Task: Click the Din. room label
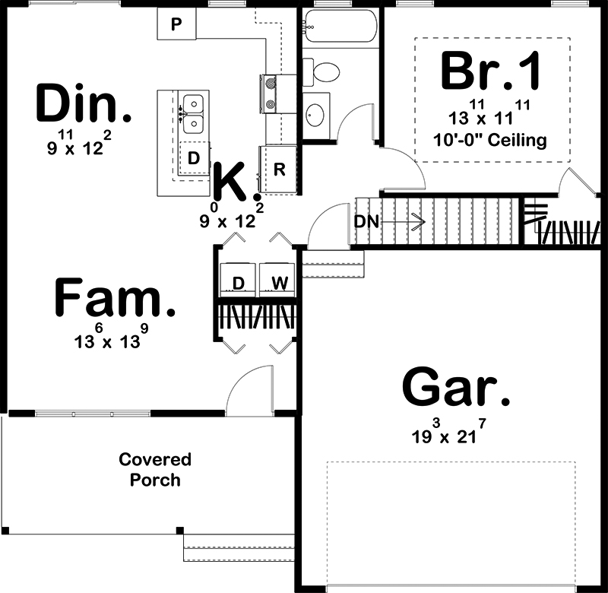coord(84,103)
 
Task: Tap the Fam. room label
coord(115,296)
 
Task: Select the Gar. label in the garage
coord(455,388)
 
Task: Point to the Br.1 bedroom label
coord(490,71)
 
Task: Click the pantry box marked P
coord(176,24)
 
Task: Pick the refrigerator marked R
coord(279,169)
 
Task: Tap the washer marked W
coord(277,280)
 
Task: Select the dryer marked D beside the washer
coord(238,280)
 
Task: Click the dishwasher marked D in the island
coord(194,157)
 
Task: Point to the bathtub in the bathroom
coord(340,26)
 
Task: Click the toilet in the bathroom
coord(321,71)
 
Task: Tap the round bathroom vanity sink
coord(315,115)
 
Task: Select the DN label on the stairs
coord(366,222)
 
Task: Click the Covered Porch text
coord(155,470)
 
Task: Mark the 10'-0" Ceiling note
coord(489,140)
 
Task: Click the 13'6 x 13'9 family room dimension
coord(111,337)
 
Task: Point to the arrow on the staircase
coord(404,222)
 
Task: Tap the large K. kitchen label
coord(236,182)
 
